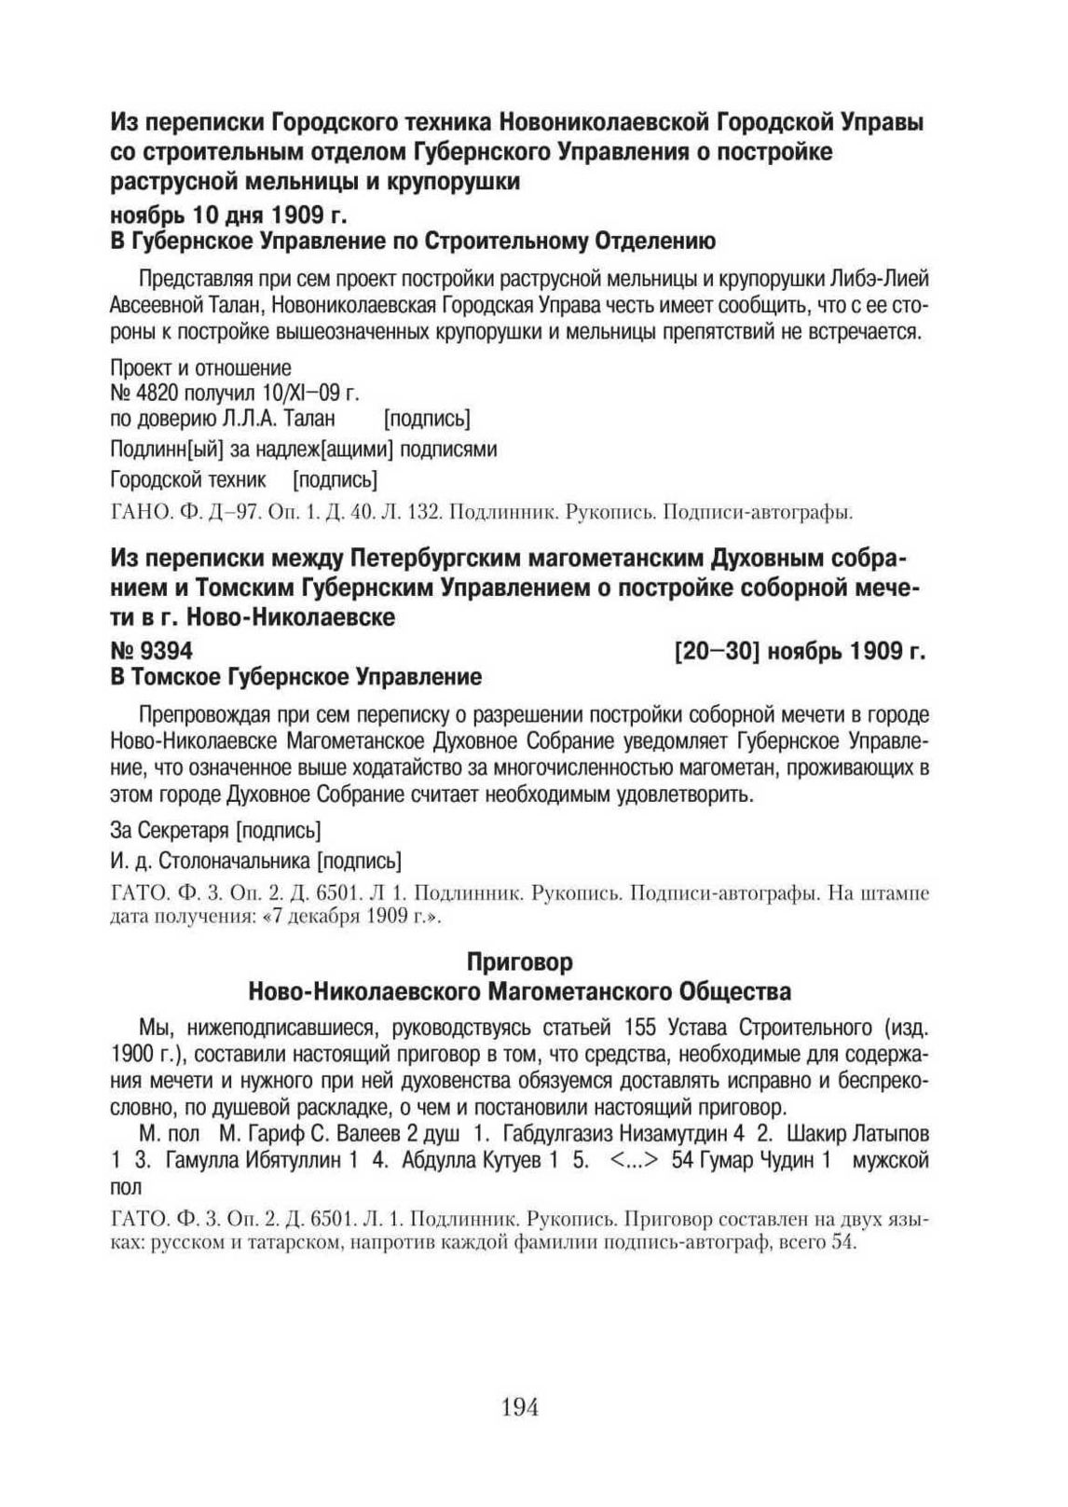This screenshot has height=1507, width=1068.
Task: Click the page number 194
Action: point(520,1407)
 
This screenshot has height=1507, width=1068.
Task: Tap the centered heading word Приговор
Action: point(520,961)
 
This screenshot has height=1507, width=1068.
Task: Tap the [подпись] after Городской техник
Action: point(335,480)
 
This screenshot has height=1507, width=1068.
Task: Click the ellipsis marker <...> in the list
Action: point(636,1162)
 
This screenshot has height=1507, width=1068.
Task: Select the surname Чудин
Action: point(780,1162)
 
